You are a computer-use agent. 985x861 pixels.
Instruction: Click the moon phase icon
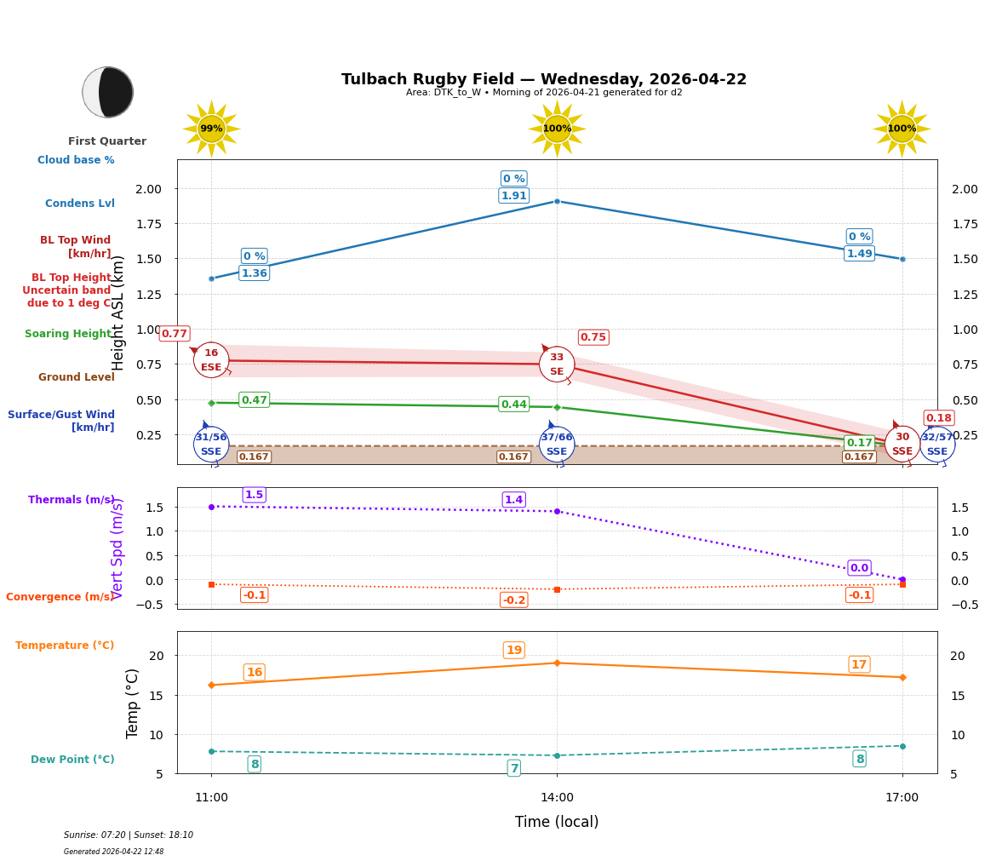click(107, 92)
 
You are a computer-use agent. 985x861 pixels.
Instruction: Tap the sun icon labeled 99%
click(211, 129)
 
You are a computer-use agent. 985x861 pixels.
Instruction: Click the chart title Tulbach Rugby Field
click(543, 79)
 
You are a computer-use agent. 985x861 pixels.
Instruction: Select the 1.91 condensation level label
click(513, 196)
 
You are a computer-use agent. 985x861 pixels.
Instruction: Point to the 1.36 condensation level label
click(254, 273)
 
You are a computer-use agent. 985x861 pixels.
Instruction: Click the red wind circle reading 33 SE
click(557, 364)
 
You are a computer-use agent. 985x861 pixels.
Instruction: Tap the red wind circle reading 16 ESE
click(211, 360)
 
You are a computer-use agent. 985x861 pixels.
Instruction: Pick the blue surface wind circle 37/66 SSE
click(557, 444)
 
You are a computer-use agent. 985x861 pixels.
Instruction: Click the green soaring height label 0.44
click(513, 405)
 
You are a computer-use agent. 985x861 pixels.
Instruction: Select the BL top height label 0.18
click(938, 418)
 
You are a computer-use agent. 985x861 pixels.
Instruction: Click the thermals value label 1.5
click(254, 495)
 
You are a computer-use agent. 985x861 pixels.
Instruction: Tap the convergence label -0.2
click(513, 600)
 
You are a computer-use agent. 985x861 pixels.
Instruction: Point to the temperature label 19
click(513, 651)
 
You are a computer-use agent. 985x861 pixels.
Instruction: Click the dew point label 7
click(513, 768)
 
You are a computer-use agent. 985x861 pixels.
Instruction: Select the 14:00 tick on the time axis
click(557, 798)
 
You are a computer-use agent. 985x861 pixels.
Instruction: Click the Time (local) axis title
click(557, 822)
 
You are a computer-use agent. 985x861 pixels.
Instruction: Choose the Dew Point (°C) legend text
click(72, 760)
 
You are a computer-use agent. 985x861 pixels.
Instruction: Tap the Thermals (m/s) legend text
click(72, 500)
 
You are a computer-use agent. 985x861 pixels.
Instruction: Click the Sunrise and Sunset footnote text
click(129, 835)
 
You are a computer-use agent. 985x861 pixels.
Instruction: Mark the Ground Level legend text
click(76, 377)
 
